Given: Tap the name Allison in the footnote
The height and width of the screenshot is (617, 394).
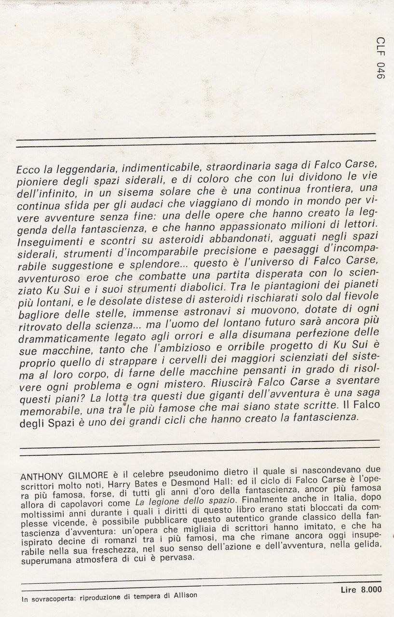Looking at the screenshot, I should click(184, 595).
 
